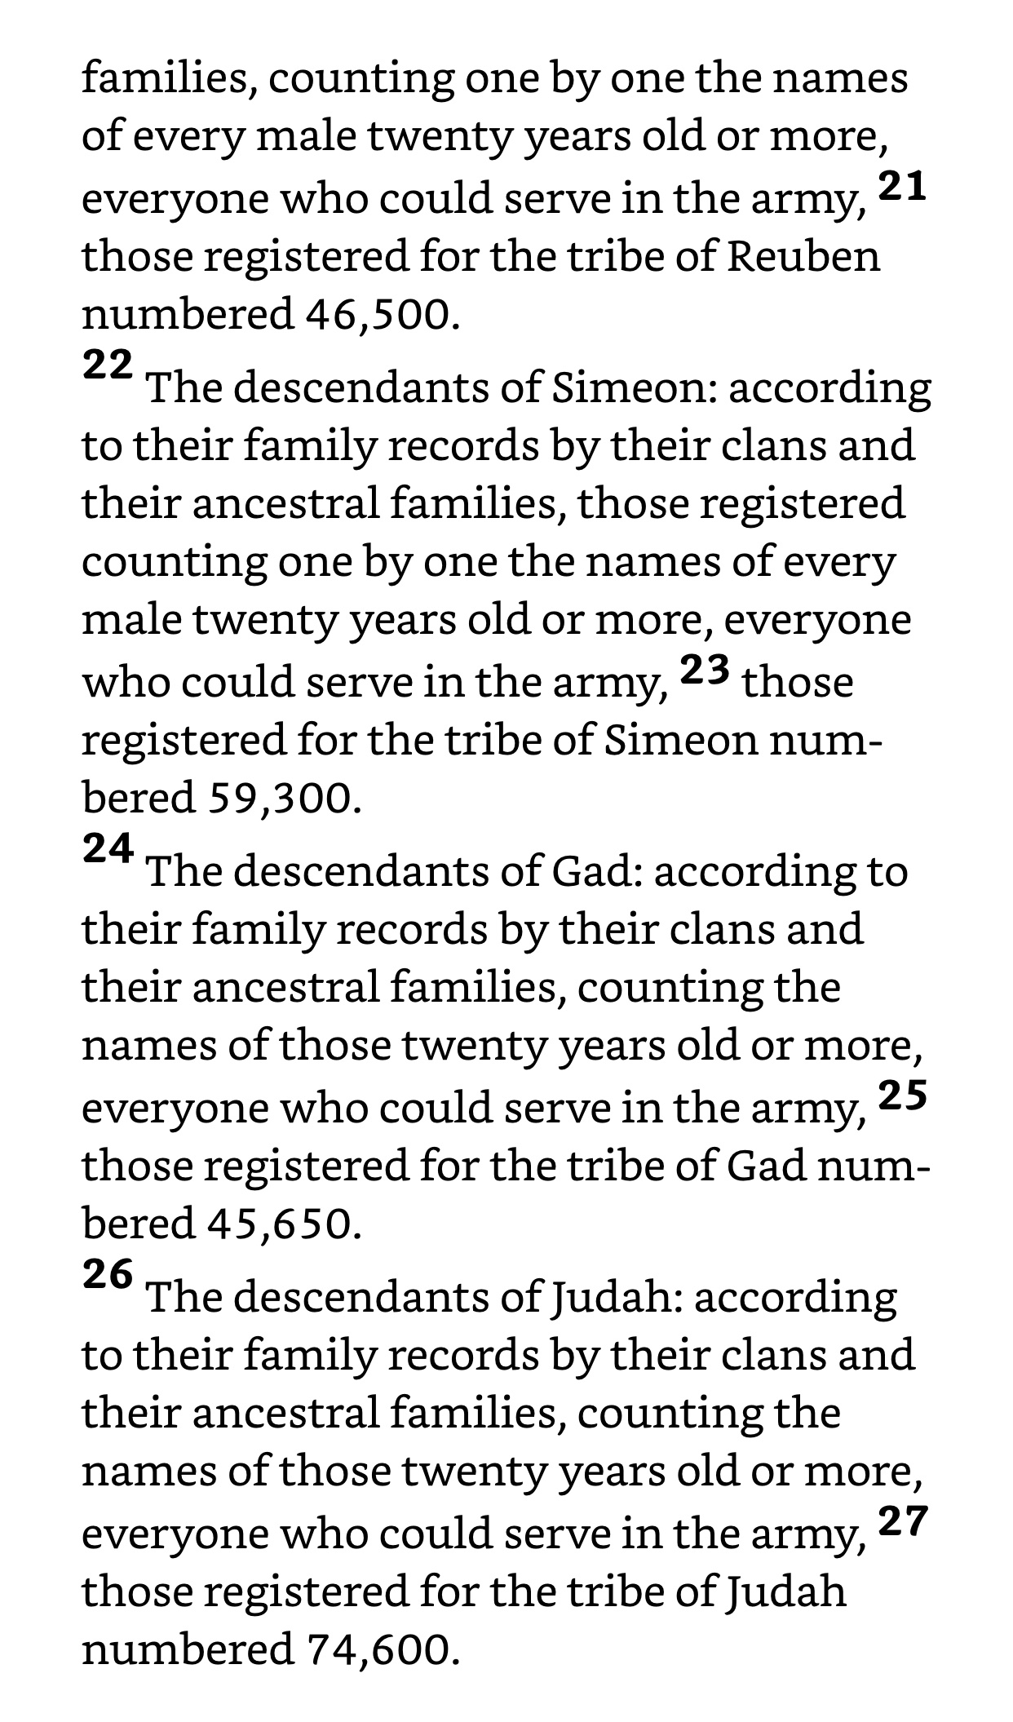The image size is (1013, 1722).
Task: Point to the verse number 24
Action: pos(107,849)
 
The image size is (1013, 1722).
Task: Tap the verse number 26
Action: pos(107,1275)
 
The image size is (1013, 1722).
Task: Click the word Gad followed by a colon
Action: pos(598,872)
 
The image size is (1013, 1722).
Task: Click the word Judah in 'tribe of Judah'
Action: pos(786,1591)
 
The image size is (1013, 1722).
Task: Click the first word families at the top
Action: pos(169,79)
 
